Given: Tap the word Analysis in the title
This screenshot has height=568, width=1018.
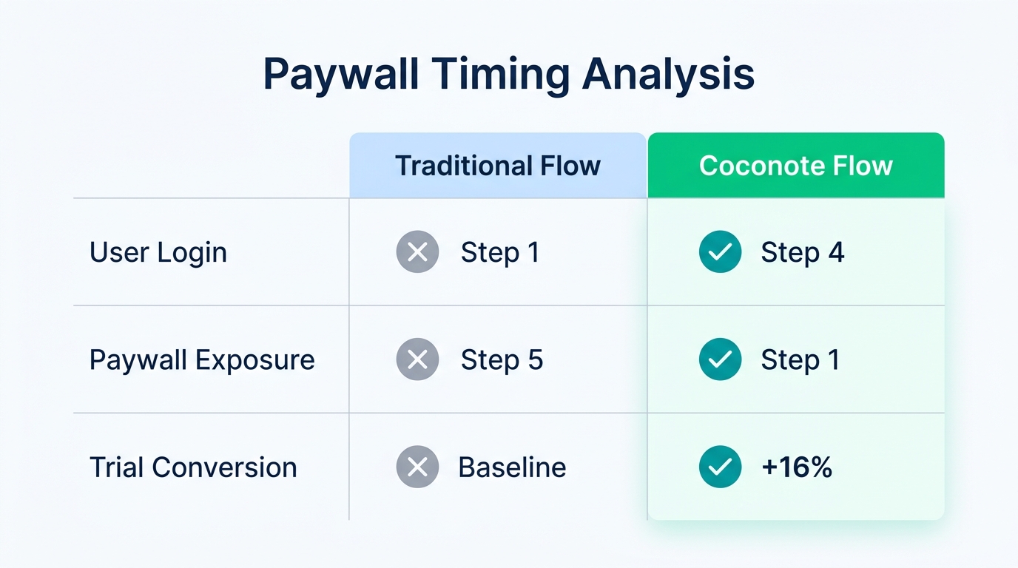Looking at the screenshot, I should (668, 74).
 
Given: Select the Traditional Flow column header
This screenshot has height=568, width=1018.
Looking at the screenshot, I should (497, 166).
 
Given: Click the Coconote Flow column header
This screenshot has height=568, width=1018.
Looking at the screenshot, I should (795, 166).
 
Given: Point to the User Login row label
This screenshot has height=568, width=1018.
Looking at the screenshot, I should (158, 253).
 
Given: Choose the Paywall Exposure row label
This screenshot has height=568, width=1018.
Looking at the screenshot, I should (202, 360).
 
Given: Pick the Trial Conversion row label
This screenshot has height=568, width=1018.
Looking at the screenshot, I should (193, 467).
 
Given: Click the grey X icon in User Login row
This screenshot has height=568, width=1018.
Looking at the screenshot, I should (417, 252).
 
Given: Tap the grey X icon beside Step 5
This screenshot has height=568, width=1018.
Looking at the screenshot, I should (417, 359).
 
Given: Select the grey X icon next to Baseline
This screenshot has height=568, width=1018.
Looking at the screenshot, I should (417, 467).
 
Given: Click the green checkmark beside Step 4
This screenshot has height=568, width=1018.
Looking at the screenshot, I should (720, 252).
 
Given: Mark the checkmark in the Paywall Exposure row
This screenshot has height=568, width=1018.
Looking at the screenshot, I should (720, 359).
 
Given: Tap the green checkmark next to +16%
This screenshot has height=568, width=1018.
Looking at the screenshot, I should (720, 467).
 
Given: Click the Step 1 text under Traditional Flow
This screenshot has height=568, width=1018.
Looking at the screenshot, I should (500, 253).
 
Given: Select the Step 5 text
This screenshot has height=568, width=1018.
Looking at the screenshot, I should (502, 360).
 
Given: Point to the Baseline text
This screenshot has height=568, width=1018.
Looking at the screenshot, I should (512, 467).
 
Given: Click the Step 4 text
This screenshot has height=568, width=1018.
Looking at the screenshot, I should (802, 253).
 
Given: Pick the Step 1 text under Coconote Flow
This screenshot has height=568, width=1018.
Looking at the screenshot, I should (800, 360).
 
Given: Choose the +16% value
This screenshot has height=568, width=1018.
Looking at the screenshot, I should (797, 467).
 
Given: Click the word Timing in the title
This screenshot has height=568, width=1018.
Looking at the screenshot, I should (502, 74).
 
